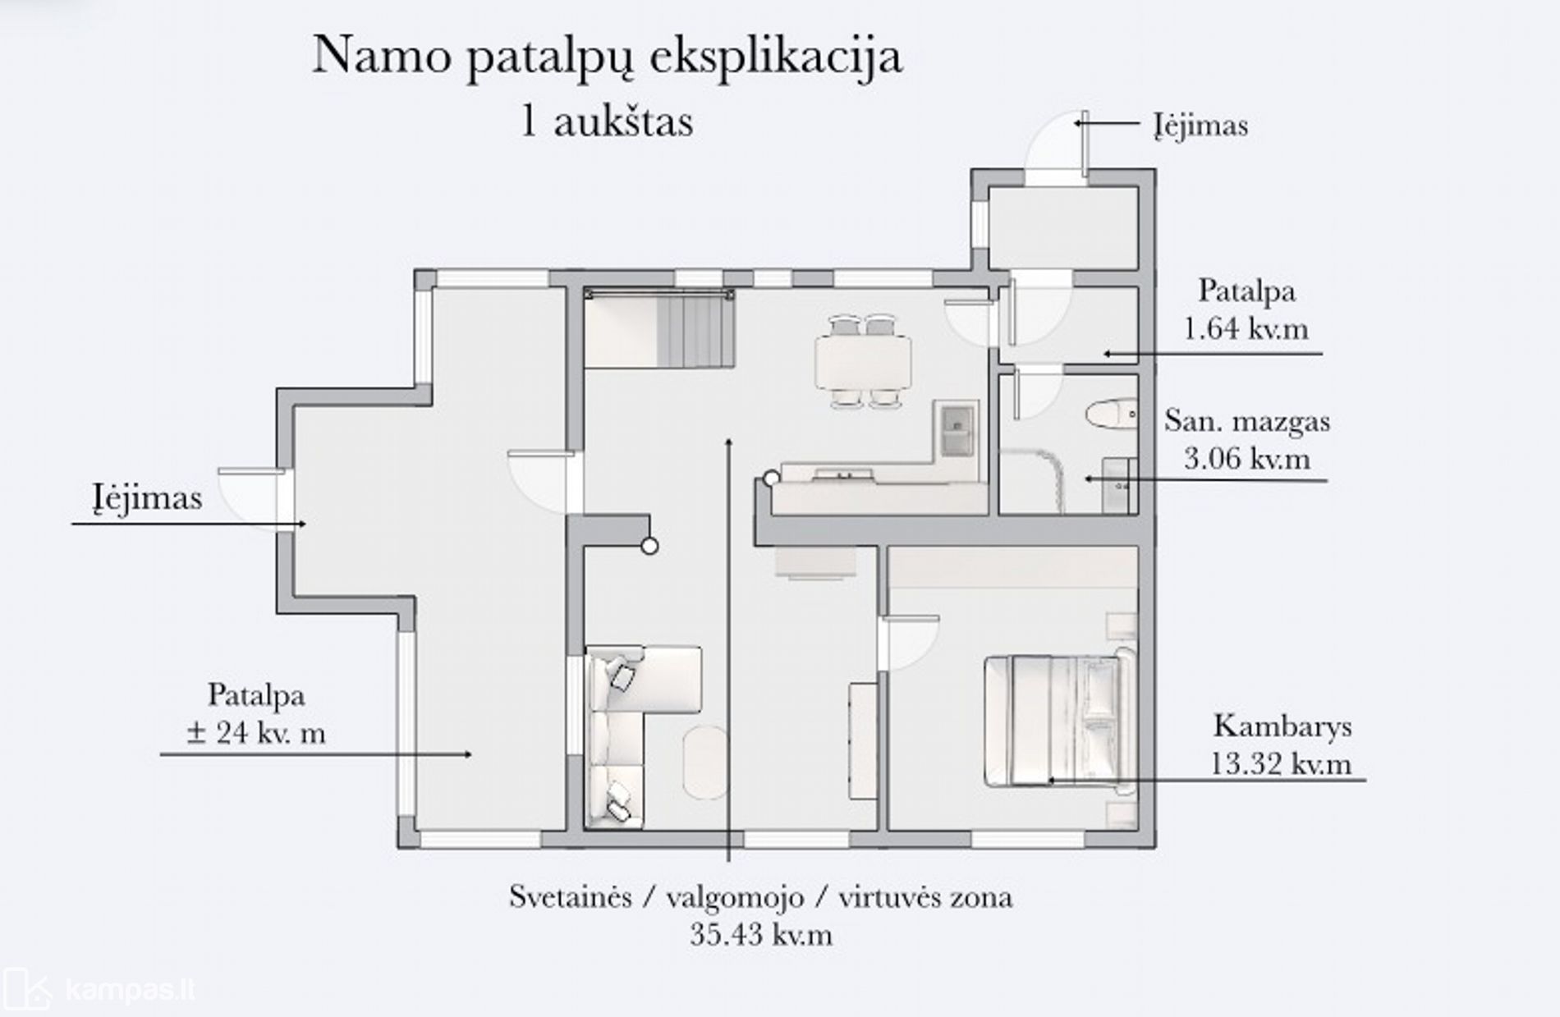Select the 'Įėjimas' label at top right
pos(1200,126)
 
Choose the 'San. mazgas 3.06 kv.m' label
pos(1247,439)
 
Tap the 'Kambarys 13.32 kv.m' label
pos(1282,744)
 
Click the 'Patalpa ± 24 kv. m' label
pos(256,712)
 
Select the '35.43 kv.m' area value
pos(761,935)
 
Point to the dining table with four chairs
pos(863,361)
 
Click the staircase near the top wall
pos(658,328)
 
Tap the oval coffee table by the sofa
pos(705,761)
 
